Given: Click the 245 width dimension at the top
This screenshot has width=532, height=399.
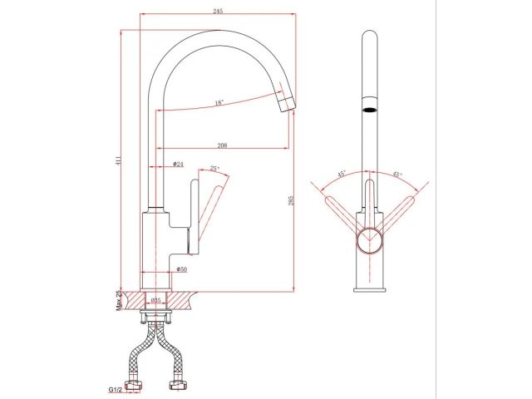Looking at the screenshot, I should [218, 12].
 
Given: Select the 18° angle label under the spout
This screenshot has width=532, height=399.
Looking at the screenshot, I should [219, 103].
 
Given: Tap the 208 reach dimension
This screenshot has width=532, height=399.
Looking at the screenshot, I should [222, 145].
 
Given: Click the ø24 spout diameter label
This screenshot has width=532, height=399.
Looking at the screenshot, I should [178, 165].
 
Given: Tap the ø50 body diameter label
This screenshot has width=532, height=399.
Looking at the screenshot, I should [181, 268].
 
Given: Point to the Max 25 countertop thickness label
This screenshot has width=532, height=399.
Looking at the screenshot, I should [119, 298].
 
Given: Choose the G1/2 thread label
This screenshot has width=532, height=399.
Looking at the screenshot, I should [116, 388].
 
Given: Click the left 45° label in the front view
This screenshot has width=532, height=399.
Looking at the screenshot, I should [341, 175].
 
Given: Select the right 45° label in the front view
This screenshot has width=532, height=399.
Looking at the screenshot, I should [397, 175].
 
